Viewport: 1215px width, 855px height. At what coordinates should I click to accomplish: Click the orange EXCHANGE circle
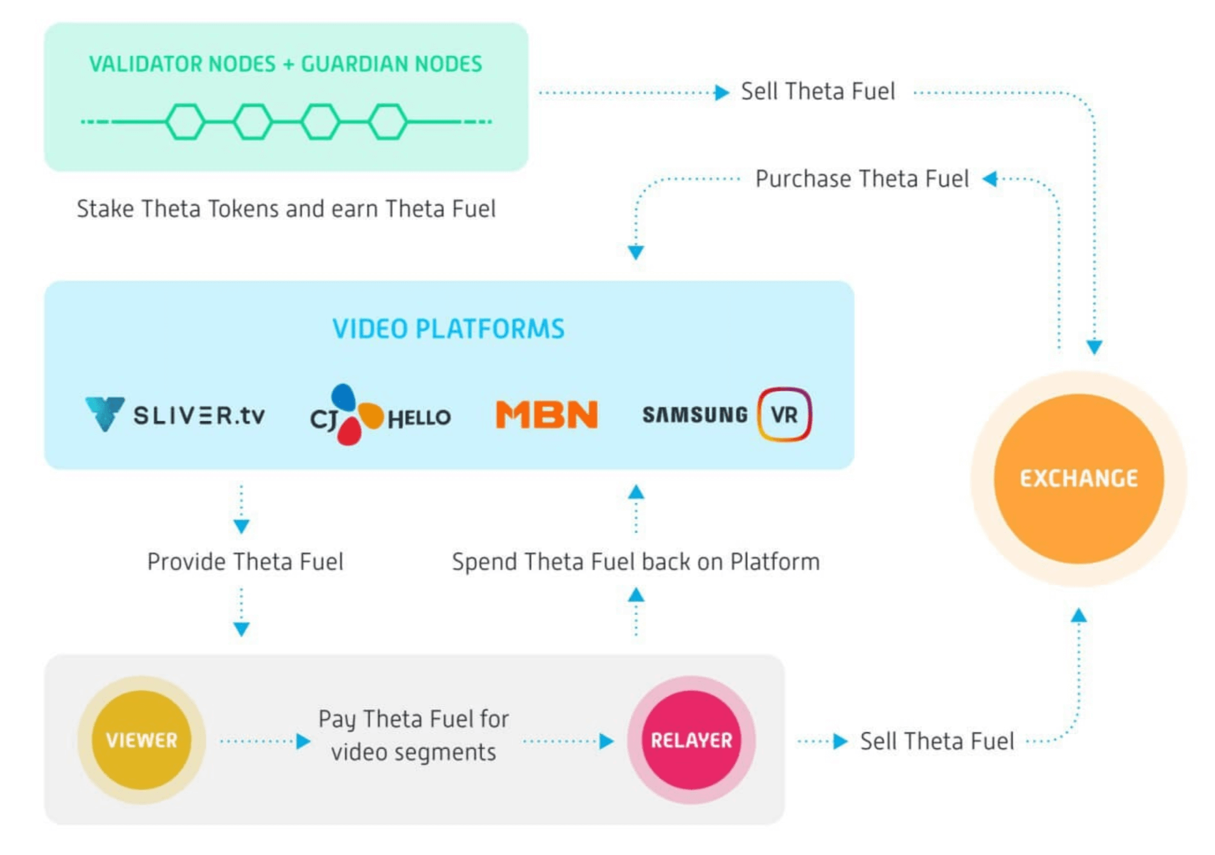pos(1079,478)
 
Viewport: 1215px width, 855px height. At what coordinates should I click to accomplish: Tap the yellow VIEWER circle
pos(142,740)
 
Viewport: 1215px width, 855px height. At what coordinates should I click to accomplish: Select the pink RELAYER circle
pos(691,740)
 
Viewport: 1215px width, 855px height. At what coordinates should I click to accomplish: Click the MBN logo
pos(547,415)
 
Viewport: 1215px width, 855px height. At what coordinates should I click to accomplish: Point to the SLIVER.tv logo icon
pos(105,414)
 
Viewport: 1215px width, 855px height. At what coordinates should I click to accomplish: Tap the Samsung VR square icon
pos(784,415)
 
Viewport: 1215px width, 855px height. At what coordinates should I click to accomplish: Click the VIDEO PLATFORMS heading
pos(448,329)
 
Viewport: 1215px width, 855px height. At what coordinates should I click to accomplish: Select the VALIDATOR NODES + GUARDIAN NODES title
pos(286,64)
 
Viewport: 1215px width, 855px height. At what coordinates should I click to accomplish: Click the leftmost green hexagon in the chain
pos(185,122)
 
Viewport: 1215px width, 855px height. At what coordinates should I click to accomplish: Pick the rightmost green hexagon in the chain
pos(388,122)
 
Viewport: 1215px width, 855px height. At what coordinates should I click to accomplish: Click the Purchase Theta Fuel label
pos(862,179)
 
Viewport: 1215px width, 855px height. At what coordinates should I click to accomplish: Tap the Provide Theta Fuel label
pos(245,562)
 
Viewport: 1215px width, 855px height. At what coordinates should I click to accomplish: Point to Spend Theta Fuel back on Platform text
pos(635,562)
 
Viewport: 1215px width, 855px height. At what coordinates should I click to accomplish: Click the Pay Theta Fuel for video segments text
pos(413,735)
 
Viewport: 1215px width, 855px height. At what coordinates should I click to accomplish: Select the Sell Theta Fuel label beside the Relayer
pos(937,741)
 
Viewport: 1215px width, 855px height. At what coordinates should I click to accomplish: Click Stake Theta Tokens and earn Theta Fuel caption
pos(286,209)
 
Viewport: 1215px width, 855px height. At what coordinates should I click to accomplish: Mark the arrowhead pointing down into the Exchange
pos(1094,347)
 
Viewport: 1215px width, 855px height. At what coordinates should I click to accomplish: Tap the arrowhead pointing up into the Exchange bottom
pos(1079,616)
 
